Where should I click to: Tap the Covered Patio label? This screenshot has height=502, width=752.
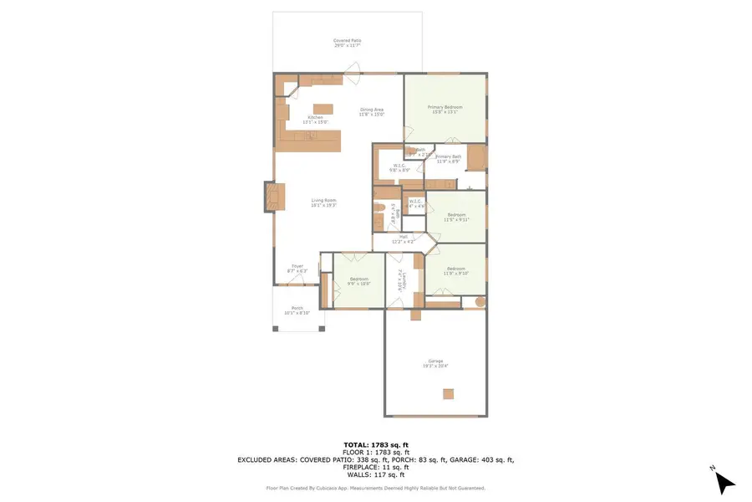click(x=348, y=43)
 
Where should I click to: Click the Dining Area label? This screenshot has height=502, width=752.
click(x=372, y=111)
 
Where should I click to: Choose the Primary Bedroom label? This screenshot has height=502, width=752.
click(x=445, y=109)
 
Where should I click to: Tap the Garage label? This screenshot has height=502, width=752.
click(x=435, y=363)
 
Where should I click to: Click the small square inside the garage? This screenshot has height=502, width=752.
click(x=449, y=393)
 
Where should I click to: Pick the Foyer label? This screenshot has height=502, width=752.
click(x=297, y=269)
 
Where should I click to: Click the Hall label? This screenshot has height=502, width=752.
click(x=403, y=238)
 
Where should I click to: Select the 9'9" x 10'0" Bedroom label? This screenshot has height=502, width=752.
click(x=359, y=281)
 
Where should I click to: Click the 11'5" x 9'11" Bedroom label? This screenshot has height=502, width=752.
click(x=456, y=218)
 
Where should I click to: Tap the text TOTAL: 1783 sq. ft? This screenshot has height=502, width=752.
click(x=376, y=444)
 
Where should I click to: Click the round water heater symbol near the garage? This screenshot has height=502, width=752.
click(x=480, y=302)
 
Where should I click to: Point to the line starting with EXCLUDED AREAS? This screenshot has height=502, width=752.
click(x=376, y=459)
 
